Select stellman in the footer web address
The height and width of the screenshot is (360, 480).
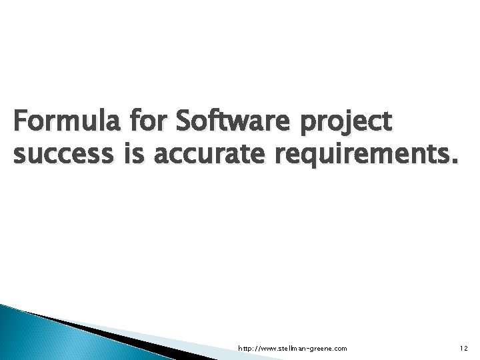point(289,348)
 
